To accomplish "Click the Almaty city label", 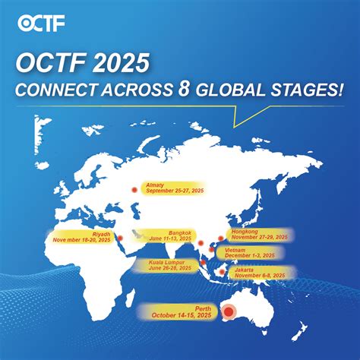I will [154, 185].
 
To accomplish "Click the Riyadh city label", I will [101, 235].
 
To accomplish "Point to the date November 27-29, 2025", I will [258, 238].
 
